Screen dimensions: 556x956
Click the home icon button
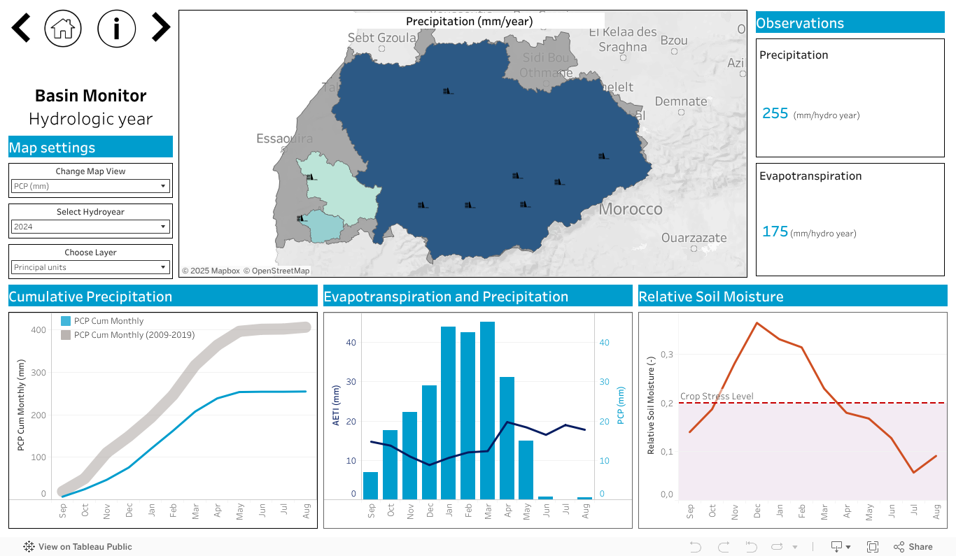click(63, 28)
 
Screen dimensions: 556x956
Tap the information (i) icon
click(116, 28)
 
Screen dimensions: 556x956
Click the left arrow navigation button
click(21, 28)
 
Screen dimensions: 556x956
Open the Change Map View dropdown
click(91, 186)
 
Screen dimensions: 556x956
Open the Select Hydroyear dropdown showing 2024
click(91, 227)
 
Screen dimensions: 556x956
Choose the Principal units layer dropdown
click(91, 267)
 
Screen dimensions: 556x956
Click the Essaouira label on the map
click(284, 138)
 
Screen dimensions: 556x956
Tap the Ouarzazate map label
click(694, 238)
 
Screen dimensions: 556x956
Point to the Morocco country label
click(631, 209)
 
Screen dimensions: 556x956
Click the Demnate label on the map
click(681, 101)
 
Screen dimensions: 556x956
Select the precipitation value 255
click(775, 113)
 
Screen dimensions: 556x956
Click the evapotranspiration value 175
click(775, 231)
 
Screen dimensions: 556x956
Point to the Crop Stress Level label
click(717, 397)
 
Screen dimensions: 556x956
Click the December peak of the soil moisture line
click(757, 323)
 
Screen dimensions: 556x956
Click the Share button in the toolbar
click(913, 547)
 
